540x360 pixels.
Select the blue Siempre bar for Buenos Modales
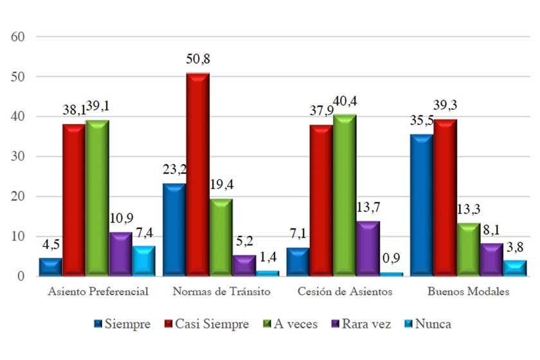[x=421, y=206]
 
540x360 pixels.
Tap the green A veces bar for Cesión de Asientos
[x=345, y=196]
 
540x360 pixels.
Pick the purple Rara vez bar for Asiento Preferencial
[x=120, y=255]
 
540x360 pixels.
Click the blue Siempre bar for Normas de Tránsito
[x=174, y=230]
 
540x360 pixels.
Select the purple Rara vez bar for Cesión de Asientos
[x=368, y=249]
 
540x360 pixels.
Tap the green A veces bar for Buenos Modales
[x=469, y=249]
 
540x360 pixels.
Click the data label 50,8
[x=197, y=60]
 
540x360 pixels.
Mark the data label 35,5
[x=420, y=122]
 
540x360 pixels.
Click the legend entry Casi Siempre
[x=208, y=324]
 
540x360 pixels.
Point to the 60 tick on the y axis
[x=17, y=37]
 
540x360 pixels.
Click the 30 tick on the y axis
[x=17, y=156]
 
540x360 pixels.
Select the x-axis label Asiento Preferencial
[x=98, y=291]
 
